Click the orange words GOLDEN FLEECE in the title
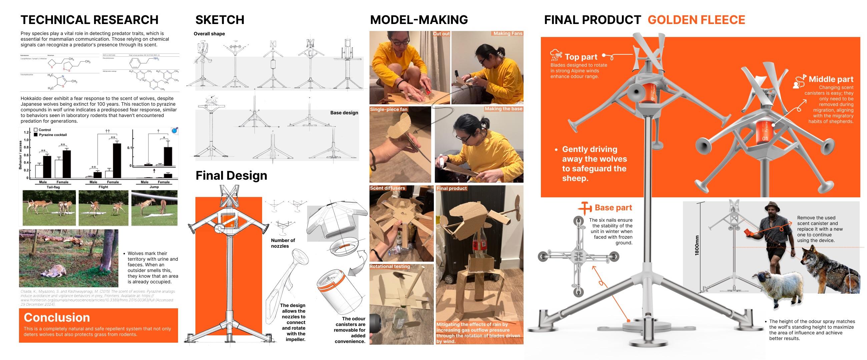coord(696,20)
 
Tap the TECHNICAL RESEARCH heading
coord(89,20)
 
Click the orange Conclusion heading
coord(57,317)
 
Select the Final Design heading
coord(231,175)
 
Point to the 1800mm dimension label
coord(697,245)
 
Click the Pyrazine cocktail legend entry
coord(52,135)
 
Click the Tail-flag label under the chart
coord(53,187)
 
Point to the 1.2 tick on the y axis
coord(26,132)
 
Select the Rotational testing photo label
coord(390,266)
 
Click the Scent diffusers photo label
coord(387,188)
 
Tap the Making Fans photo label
coord(508,33)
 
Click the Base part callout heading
coord(613,208)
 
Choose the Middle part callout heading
coord(831,79)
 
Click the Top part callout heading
coord(581,57)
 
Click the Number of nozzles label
coord(283,243)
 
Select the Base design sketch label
coord(344,113)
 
